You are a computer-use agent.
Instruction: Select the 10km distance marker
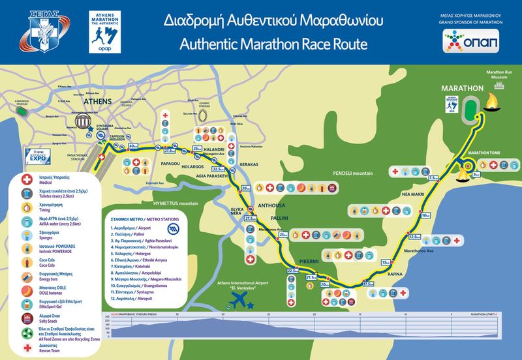(425, 215)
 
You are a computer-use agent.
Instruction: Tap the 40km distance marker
(134, 145)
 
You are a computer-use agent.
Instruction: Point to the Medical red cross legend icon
(27, 179)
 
